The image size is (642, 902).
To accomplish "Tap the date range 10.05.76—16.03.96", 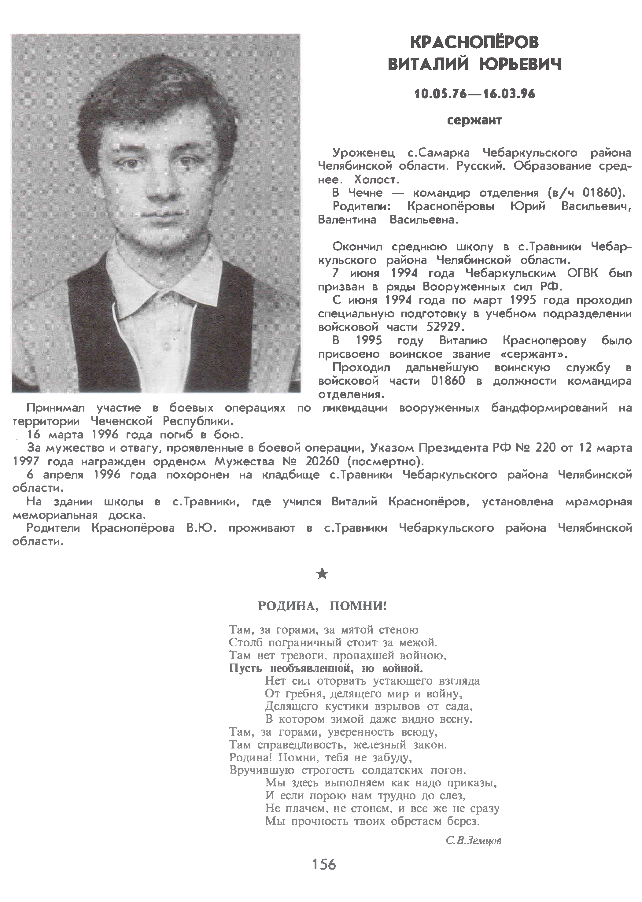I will [474, 94].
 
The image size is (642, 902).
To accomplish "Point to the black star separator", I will [322, 574].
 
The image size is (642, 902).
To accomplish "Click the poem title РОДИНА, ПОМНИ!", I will [322, 606].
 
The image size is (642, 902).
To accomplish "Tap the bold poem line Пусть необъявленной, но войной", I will [326, 668].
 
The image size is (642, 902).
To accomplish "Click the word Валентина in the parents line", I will [347, 220].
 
